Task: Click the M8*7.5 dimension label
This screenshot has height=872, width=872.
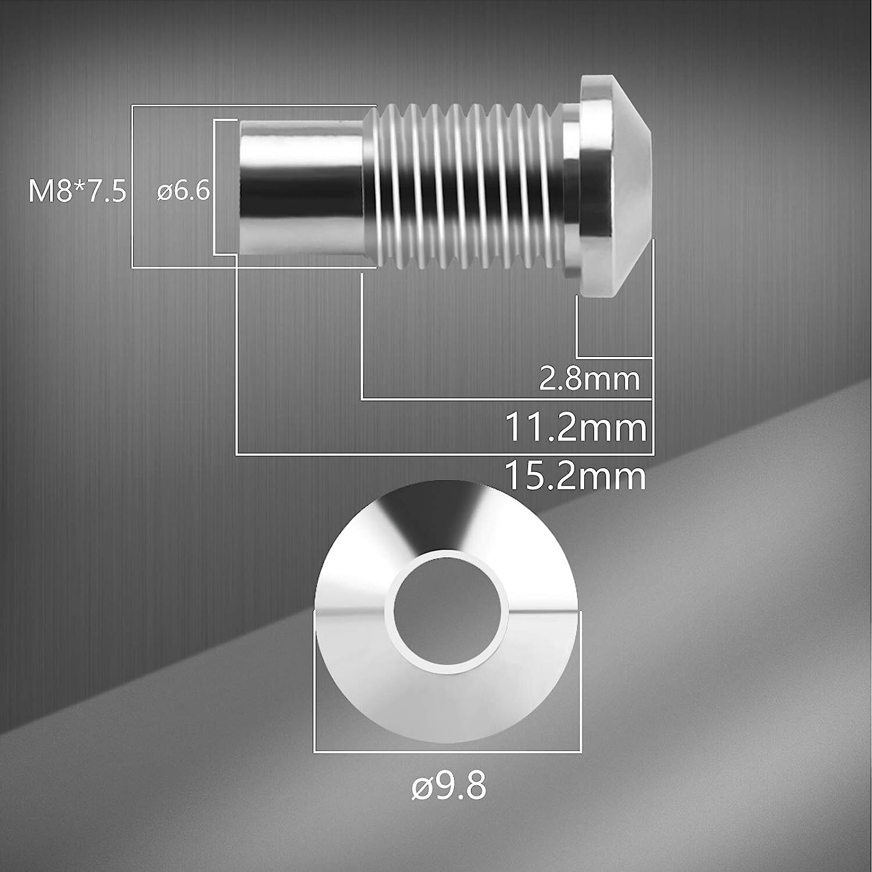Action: [77, 191]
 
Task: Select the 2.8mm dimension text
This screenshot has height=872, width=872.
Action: [589, 379]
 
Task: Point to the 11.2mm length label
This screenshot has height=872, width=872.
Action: [576, 428]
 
